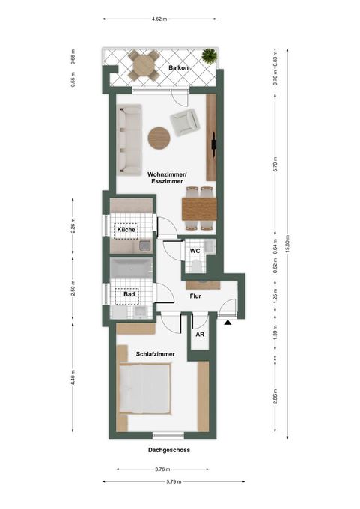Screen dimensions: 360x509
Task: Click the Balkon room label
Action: click(x=178, y=68)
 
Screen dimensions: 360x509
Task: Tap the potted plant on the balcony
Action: click(x=209, y=55)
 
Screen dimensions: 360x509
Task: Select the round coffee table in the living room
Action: click(x=159, y=138)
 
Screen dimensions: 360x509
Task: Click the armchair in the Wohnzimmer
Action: click(x=183, y=122)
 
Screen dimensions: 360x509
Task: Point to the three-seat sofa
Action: click(x=129, y=139)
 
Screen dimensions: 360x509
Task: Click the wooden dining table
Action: click(x=199, y=209)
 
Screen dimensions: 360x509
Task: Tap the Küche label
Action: click(x=126, y=230)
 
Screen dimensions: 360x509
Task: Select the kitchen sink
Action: click(x=144, y=246)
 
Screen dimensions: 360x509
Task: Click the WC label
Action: click(x=195, y=251)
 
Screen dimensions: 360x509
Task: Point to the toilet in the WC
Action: click(x=197, y=266)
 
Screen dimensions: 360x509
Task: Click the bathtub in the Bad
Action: click(x=131, y=268)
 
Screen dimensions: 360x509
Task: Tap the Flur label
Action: click(x=195, y=296)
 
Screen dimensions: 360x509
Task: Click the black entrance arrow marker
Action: click(x=228, y=323)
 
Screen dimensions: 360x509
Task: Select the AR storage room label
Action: click(x=200, y=334)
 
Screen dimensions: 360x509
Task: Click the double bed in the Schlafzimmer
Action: click(x=144, y=389)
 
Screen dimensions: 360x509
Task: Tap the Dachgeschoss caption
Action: click(x=169, y=450)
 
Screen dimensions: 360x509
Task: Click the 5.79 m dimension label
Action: click(x=174, y=481)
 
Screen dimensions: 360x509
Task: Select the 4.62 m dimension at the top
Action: click(x=159, y=19)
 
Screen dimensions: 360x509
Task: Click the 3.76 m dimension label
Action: click(x=162, y=469)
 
